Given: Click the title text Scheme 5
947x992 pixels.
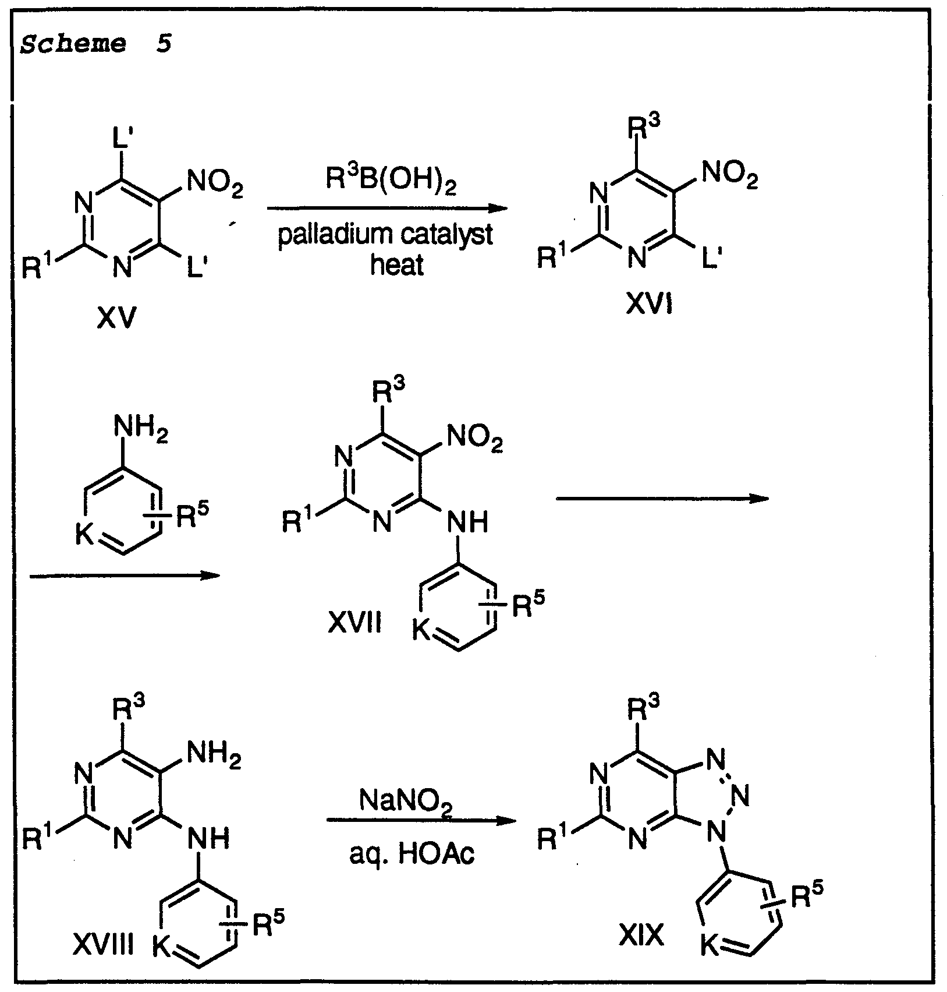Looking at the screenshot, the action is coord(97,44).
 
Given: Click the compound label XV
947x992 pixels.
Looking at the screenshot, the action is coord(117,318).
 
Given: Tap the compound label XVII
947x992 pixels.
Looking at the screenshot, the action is coord(354,624).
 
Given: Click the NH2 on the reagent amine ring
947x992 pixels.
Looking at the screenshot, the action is coord(141,432).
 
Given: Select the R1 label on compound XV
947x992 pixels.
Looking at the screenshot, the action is coord(40,267).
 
